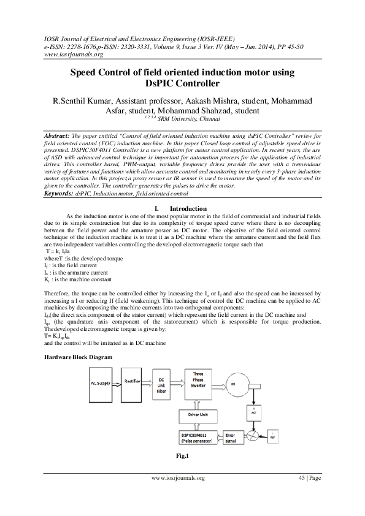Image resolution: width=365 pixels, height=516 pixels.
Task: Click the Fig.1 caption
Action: tap(181, 456)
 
